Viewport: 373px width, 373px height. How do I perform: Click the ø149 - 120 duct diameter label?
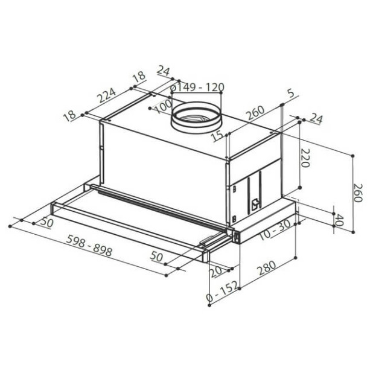197,88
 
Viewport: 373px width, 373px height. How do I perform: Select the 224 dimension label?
106,95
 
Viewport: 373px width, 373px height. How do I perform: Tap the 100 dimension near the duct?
161,108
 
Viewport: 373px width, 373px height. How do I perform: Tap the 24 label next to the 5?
315,119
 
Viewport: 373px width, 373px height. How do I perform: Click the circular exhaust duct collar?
194,118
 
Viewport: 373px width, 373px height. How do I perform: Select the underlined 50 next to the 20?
156,257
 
